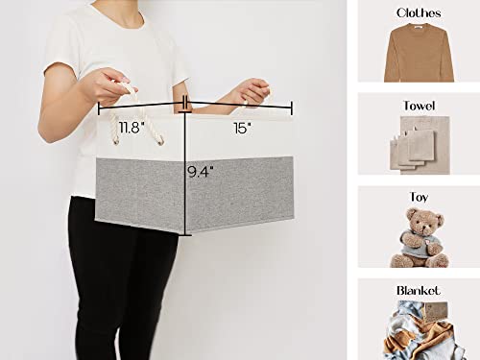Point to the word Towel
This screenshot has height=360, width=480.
click(420, 106)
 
